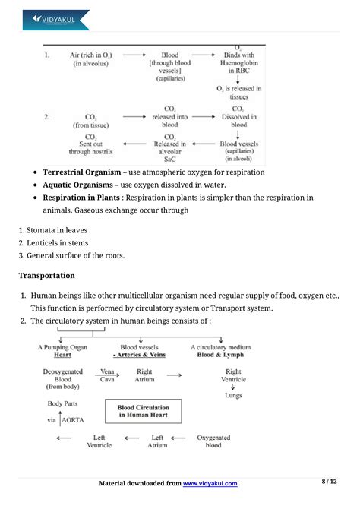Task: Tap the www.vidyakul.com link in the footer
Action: pos(210,483)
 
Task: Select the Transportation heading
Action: pos(46,275)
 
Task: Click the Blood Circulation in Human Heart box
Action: pos(144,410)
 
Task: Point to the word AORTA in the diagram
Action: pos(74,419)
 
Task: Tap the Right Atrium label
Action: pos(144,375)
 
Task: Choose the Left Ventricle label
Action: pos(99,441)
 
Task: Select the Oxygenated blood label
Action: pos(214,441)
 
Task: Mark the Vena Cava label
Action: pos(108,375)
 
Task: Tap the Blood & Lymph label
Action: pos(223,355)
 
